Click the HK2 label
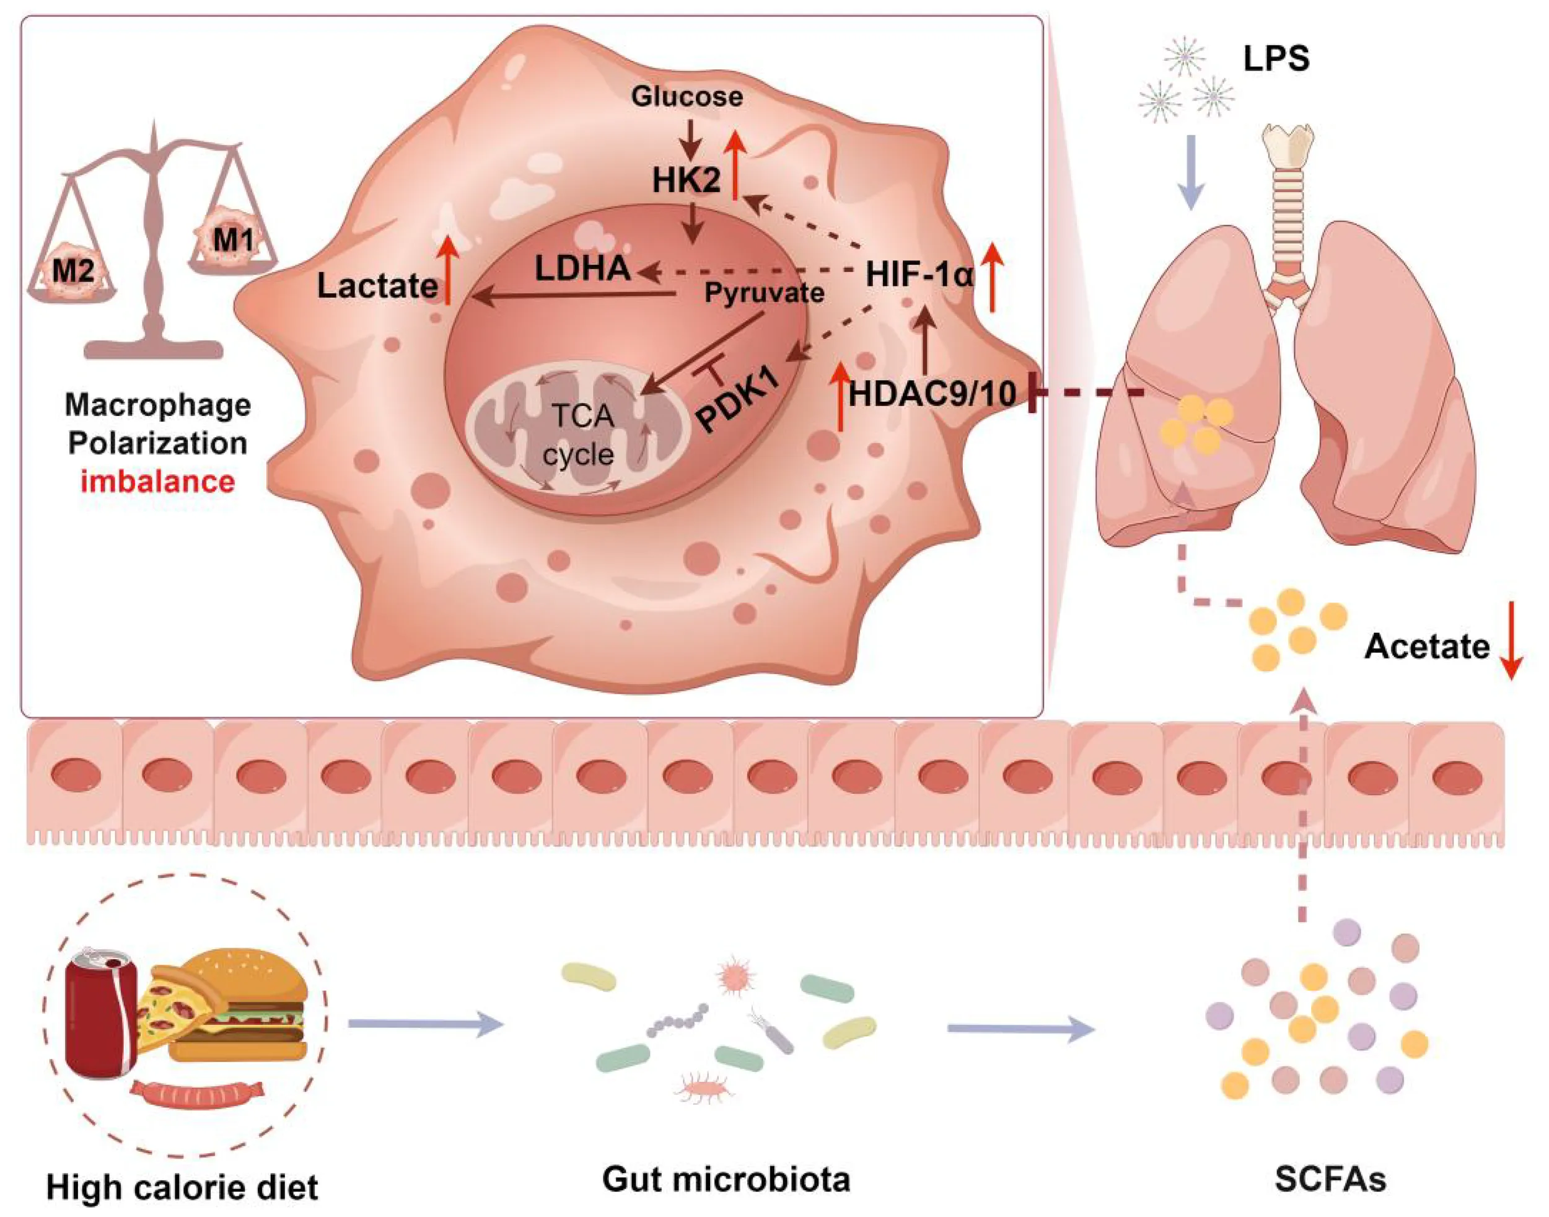[x=686, y=181]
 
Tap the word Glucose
[x=687, y=97]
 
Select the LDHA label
[x=582, y=268]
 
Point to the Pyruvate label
[x=764, y=292]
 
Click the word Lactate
[x=377, y=286]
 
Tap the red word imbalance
[x=157, y=482]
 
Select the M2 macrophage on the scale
[x=72, y=271]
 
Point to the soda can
[x=102, y=1016]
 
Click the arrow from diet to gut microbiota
[x=425, y=1025]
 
